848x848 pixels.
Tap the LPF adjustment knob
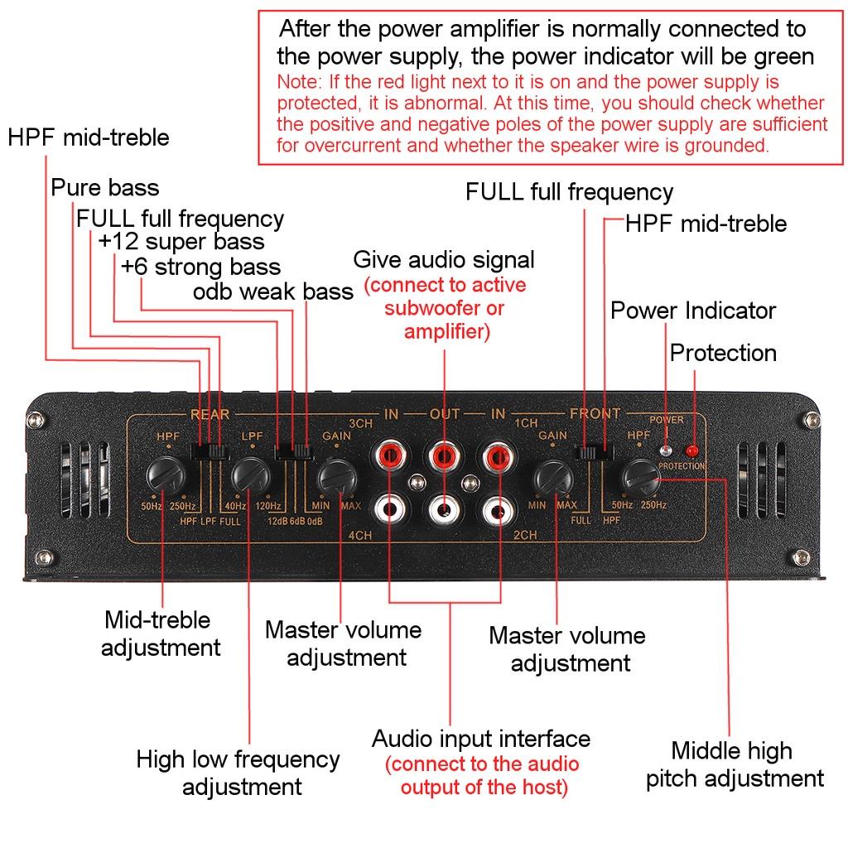click(x=250, y=477)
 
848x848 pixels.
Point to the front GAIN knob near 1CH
click(x=552, y=477)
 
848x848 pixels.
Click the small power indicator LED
click(x=667, y=450)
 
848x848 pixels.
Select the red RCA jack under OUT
click(x=445, y=455)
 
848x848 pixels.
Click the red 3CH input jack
click(x=390, y=455)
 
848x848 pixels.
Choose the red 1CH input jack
click(x=499, y=455)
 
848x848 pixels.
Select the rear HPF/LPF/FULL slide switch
click(x=209, y=452)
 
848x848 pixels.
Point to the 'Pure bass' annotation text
click(x=105, y=187)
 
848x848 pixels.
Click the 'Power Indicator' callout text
click(x=693, y=311)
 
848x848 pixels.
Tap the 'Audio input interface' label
click(x=481, y=739)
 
